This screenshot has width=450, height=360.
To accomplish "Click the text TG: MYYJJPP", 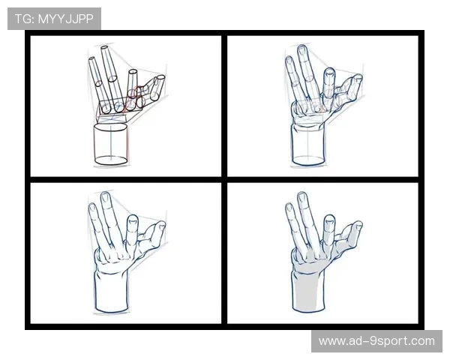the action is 54,19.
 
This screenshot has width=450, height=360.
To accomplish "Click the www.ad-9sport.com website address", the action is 376,341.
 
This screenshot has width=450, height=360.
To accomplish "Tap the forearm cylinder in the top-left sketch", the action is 111,144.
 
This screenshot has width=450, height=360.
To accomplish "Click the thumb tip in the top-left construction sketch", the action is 160,78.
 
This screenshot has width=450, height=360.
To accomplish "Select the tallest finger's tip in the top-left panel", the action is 104,48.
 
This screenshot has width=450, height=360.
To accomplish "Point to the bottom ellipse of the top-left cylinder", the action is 111,160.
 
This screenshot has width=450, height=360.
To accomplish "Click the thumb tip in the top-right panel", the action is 358,77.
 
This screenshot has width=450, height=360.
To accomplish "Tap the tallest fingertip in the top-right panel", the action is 302,48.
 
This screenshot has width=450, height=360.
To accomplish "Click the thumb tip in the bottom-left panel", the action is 161,224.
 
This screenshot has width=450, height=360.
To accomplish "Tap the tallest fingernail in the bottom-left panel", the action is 105,196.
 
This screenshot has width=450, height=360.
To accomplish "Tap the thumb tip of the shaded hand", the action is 358,225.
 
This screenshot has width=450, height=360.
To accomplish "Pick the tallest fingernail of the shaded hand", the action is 302,197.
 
